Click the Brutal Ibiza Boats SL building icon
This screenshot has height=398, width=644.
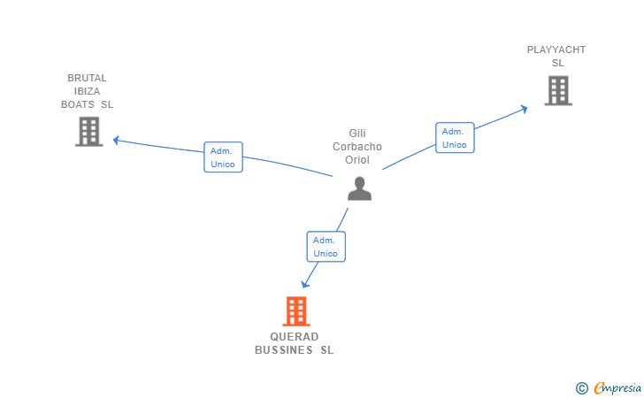coord(88,132)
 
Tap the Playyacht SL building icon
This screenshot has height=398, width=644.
coord(557,90)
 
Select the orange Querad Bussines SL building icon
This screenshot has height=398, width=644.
coord(296,311)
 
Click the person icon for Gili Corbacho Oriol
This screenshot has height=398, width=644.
coord(359,188)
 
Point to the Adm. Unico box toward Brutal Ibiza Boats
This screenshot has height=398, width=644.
coord(223,157)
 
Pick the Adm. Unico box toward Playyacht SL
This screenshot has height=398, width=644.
coord(455,138)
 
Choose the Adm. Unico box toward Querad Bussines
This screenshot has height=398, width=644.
coord(326,247)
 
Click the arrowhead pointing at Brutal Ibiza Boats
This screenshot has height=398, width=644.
coord(116,140)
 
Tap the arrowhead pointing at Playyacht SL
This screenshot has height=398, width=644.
coord(524,109)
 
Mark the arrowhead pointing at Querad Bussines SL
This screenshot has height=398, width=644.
coord(305,284)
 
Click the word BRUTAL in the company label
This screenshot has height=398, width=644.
coord(87,78)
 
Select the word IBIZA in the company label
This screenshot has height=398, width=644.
coord(87,91)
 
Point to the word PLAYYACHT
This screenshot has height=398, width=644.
coord(556,50)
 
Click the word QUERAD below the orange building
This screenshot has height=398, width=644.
coord(294,337)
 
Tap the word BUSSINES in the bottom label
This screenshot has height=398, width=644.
coord(285,350)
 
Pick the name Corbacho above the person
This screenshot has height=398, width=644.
coord(357,146)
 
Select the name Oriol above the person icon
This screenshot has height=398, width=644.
coord(357,160)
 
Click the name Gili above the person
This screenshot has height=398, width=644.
coord(357,133)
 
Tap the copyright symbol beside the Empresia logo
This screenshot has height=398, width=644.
coord(581,387)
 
